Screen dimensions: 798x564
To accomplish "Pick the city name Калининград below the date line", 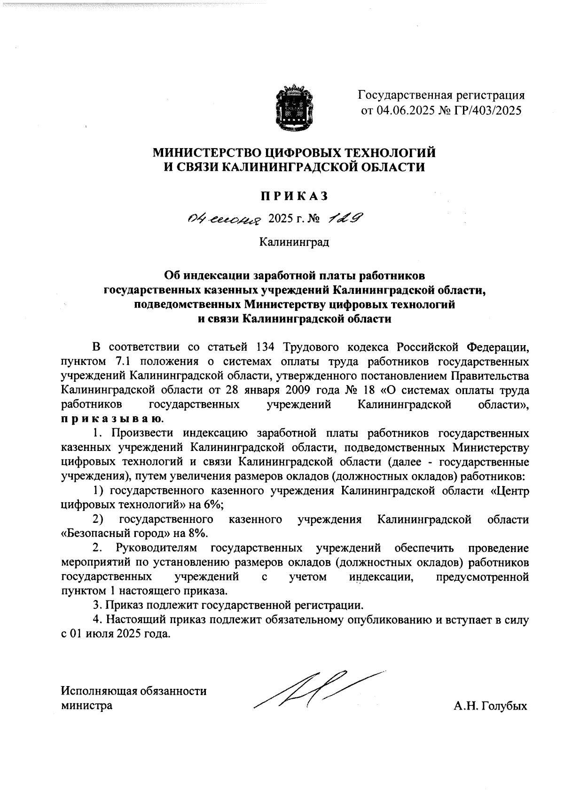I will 294,243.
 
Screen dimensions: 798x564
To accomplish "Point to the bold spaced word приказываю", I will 112,419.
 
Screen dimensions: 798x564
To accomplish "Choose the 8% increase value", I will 200,534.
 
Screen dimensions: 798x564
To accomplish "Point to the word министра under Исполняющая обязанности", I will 87,706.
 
